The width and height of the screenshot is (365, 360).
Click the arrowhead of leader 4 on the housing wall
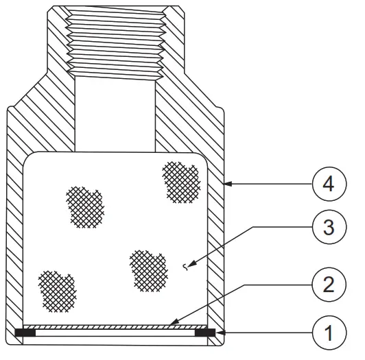(227, 184)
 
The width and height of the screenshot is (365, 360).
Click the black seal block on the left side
(25, 333)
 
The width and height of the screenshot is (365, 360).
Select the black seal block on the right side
(204, 333)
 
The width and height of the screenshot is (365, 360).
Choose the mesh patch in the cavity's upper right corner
(180, 181)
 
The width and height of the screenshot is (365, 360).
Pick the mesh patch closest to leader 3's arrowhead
(148, 268)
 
